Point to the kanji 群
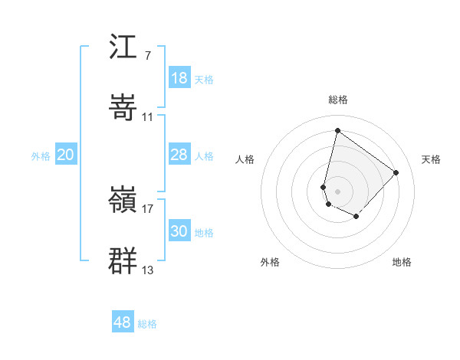pos(123,260)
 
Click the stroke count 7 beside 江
pos(147,56)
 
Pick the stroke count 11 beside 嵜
pos(148,116)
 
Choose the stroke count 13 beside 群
pos(148,269)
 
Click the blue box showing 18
pos(179,78)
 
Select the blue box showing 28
pos(179,155)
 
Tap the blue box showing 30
pos(179,231)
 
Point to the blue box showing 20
pos(66,155)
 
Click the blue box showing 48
pos(123,322)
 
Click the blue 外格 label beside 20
pos(41,156)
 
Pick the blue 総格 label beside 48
pos(147,324)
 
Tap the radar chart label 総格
pos(337,100)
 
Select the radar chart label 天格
pos(432,159)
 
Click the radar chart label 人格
pos(245,159)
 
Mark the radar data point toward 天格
pos(396,172)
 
